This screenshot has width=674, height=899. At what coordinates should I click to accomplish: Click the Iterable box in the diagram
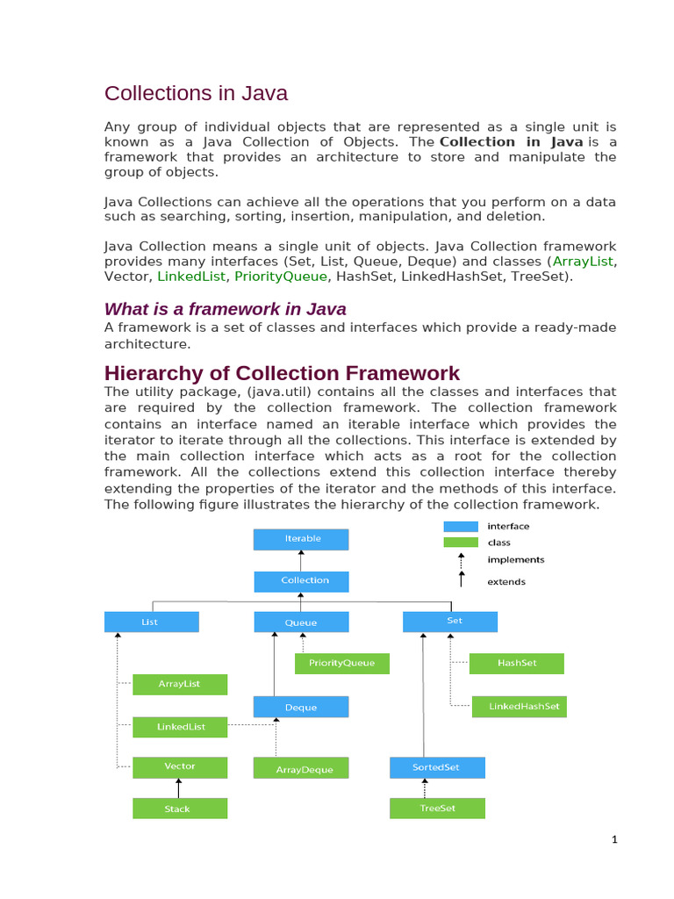coord(301,539)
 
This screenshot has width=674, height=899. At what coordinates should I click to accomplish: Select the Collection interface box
coord(301,581)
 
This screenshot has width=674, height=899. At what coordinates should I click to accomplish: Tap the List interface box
coord(151,622)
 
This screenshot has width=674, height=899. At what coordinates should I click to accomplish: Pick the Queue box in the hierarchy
coord(301,622)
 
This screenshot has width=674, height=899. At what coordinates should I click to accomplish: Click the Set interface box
coord(450,622)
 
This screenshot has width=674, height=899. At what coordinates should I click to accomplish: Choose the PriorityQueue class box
coord(341,664)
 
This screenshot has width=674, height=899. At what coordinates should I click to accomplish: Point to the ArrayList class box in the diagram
coord(180,684)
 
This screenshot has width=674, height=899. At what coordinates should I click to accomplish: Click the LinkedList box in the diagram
coord(180,727)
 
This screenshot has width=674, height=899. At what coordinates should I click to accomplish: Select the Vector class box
coord(180,767)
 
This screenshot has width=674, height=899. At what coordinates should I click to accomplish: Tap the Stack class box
coord(180,809)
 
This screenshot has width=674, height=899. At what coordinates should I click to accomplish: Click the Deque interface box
coord(301,707)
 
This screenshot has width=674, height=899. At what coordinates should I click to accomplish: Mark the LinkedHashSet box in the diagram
coord(519,707)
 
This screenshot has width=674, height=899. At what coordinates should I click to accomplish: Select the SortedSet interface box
coord(436,767)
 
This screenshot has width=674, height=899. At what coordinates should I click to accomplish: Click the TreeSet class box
coord(436,809)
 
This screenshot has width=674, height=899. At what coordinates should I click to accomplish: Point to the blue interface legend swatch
coord(461,527)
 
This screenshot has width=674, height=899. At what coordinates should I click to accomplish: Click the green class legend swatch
coord(461,543)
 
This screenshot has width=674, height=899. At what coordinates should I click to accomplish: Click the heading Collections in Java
coord(196,93)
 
